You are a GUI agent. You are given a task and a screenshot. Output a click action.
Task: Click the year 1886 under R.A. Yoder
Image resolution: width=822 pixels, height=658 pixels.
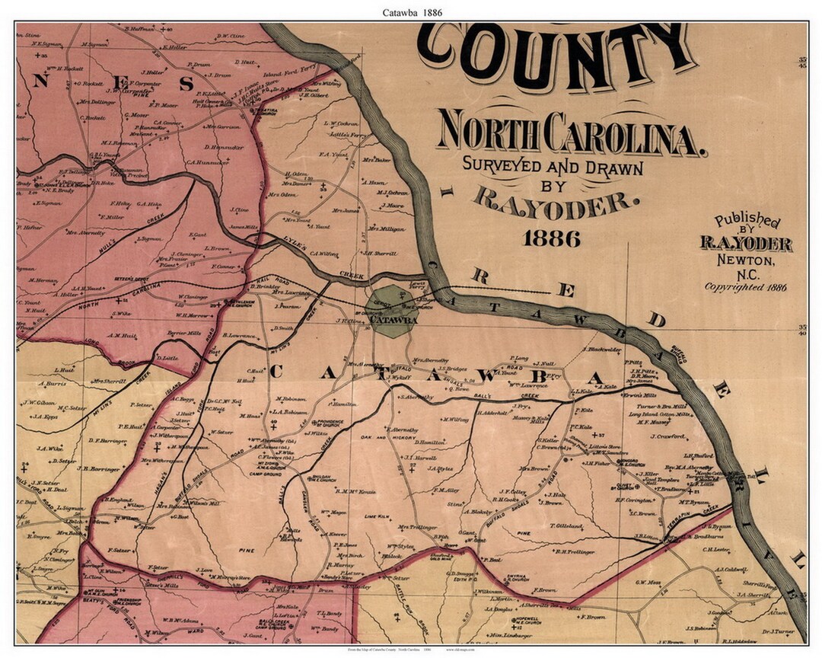pos(552,238)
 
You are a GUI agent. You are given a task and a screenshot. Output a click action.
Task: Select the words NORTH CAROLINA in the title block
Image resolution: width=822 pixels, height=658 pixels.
pos(569,134)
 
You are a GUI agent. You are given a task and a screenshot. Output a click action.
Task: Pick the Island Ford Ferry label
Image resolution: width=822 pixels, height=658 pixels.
pos(288,75)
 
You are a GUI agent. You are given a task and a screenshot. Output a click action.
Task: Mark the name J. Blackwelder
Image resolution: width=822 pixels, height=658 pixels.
pos(602,350)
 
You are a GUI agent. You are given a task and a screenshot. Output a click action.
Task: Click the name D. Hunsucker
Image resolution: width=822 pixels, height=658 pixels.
pos(223,147)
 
